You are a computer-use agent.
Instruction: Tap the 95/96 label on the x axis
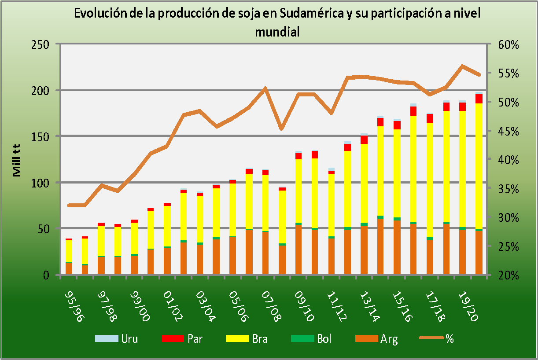74,300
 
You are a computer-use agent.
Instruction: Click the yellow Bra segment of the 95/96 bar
69,251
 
